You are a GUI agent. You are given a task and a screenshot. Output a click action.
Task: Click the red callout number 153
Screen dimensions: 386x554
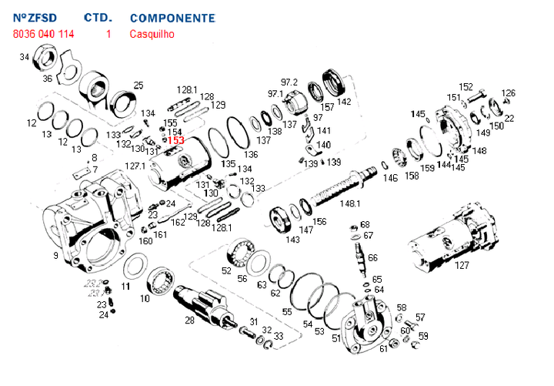(x=176, y=140)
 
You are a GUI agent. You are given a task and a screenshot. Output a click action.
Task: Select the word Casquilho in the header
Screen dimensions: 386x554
(x=152, y=34)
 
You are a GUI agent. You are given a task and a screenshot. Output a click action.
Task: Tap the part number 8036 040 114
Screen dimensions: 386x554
(x=44, y=34)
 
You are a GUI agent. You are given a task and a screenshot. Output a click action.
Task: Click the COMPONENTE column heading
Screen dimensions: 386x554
(x=173, y=17)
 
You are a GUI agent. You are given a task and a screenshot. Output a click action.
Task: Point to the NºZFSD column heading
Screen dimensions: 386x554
(x=35, y=17)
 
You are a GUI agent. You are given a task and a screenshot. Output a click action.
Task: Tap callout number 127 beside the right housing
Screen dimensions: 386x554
(x=462, y=265)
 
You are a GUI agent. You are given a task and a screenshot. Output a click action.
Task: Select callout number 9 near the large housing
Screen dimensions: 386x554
(x=55, y=255)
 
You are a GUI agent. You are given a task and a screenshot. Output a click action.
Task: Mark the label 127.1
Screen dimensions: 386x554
(x=135, y=166)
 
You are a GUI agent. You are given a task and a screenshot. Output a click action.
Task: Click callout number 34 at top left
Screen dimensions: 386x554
(x=25, y=57)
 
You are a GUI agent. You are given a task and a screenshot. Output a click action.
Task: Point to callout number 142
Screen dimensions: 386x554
(x=344, y=101)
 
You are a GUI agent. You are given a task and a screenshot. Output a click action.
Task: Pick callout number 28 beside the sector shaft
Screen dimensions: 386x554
(x=189, y=320)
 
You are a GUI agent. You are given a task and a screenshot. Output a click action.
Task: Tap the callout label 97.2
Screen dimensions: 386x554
(x=289, y=82)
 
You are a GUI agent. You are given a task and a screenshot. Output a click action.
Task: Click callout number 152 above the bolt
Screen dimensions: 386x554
(x=466, y=86)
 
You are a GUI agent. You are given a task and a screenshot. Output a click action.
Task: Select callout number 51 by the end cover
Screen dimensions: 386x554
(x=336, y=337)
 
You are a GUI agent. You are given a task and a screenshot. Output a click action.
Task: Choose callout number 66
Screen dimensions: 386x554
(x=372, y=257)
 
